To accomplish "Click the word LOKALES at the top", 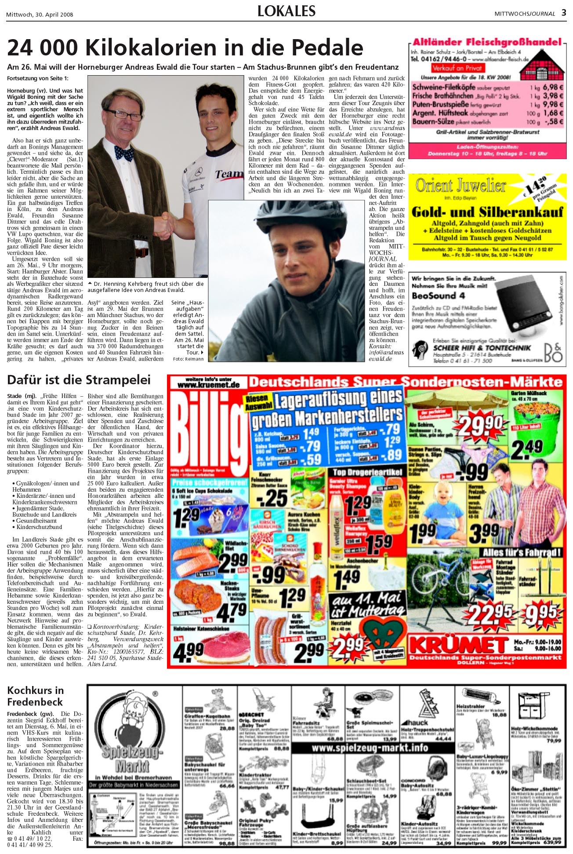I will coord(286,11).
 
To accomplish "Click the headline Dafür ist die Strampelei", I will coord(79,380).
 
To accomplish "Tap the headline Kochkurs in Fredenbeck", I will coord(35,696).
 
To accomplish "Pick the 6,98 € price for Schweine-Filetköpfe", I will coord(553,87).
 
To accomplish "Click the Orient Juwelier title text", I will coord(461,186).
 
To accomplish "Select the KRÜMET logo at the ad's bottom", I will coord(459,644).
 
